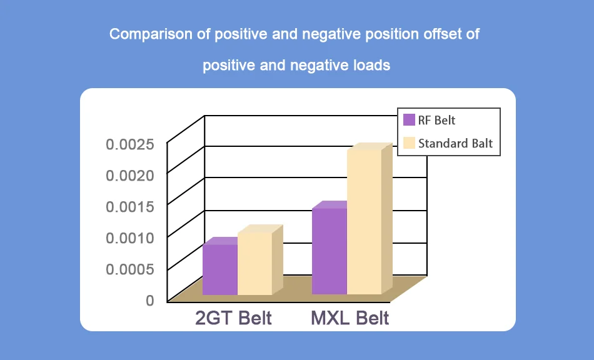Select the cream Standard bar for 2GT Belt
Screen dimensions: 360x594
tap(254, 263)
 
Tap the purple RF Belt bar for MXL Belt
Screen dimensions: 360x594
tap(329, 251)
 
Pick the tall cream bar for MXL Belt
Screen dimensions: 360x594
tap(364, 222)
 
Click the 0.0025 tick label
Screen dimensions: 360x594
tap(129, 145)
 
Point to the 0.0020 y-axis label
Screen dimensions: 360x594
tap(129, 176)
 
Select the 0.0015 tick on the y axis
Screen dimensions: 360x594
tap(129, 207)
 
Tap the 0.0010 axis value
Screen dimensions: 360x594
tap(129, 238)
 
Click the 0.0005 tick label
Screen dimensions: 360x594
tap(129, 269)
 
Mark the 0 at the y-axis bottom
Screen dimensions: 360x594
tap(149, 301)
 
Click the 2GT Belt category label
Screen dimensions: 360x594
tap(233, 318)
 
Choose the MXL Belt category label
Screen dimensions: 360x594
tap(350, 318)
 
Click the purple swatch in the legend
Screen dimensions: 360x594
tap(410, 120)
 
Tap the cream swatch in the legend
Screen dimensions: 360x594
tap(410, 143)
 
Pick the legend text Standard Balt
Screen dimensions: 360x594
tap(455, 143)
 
